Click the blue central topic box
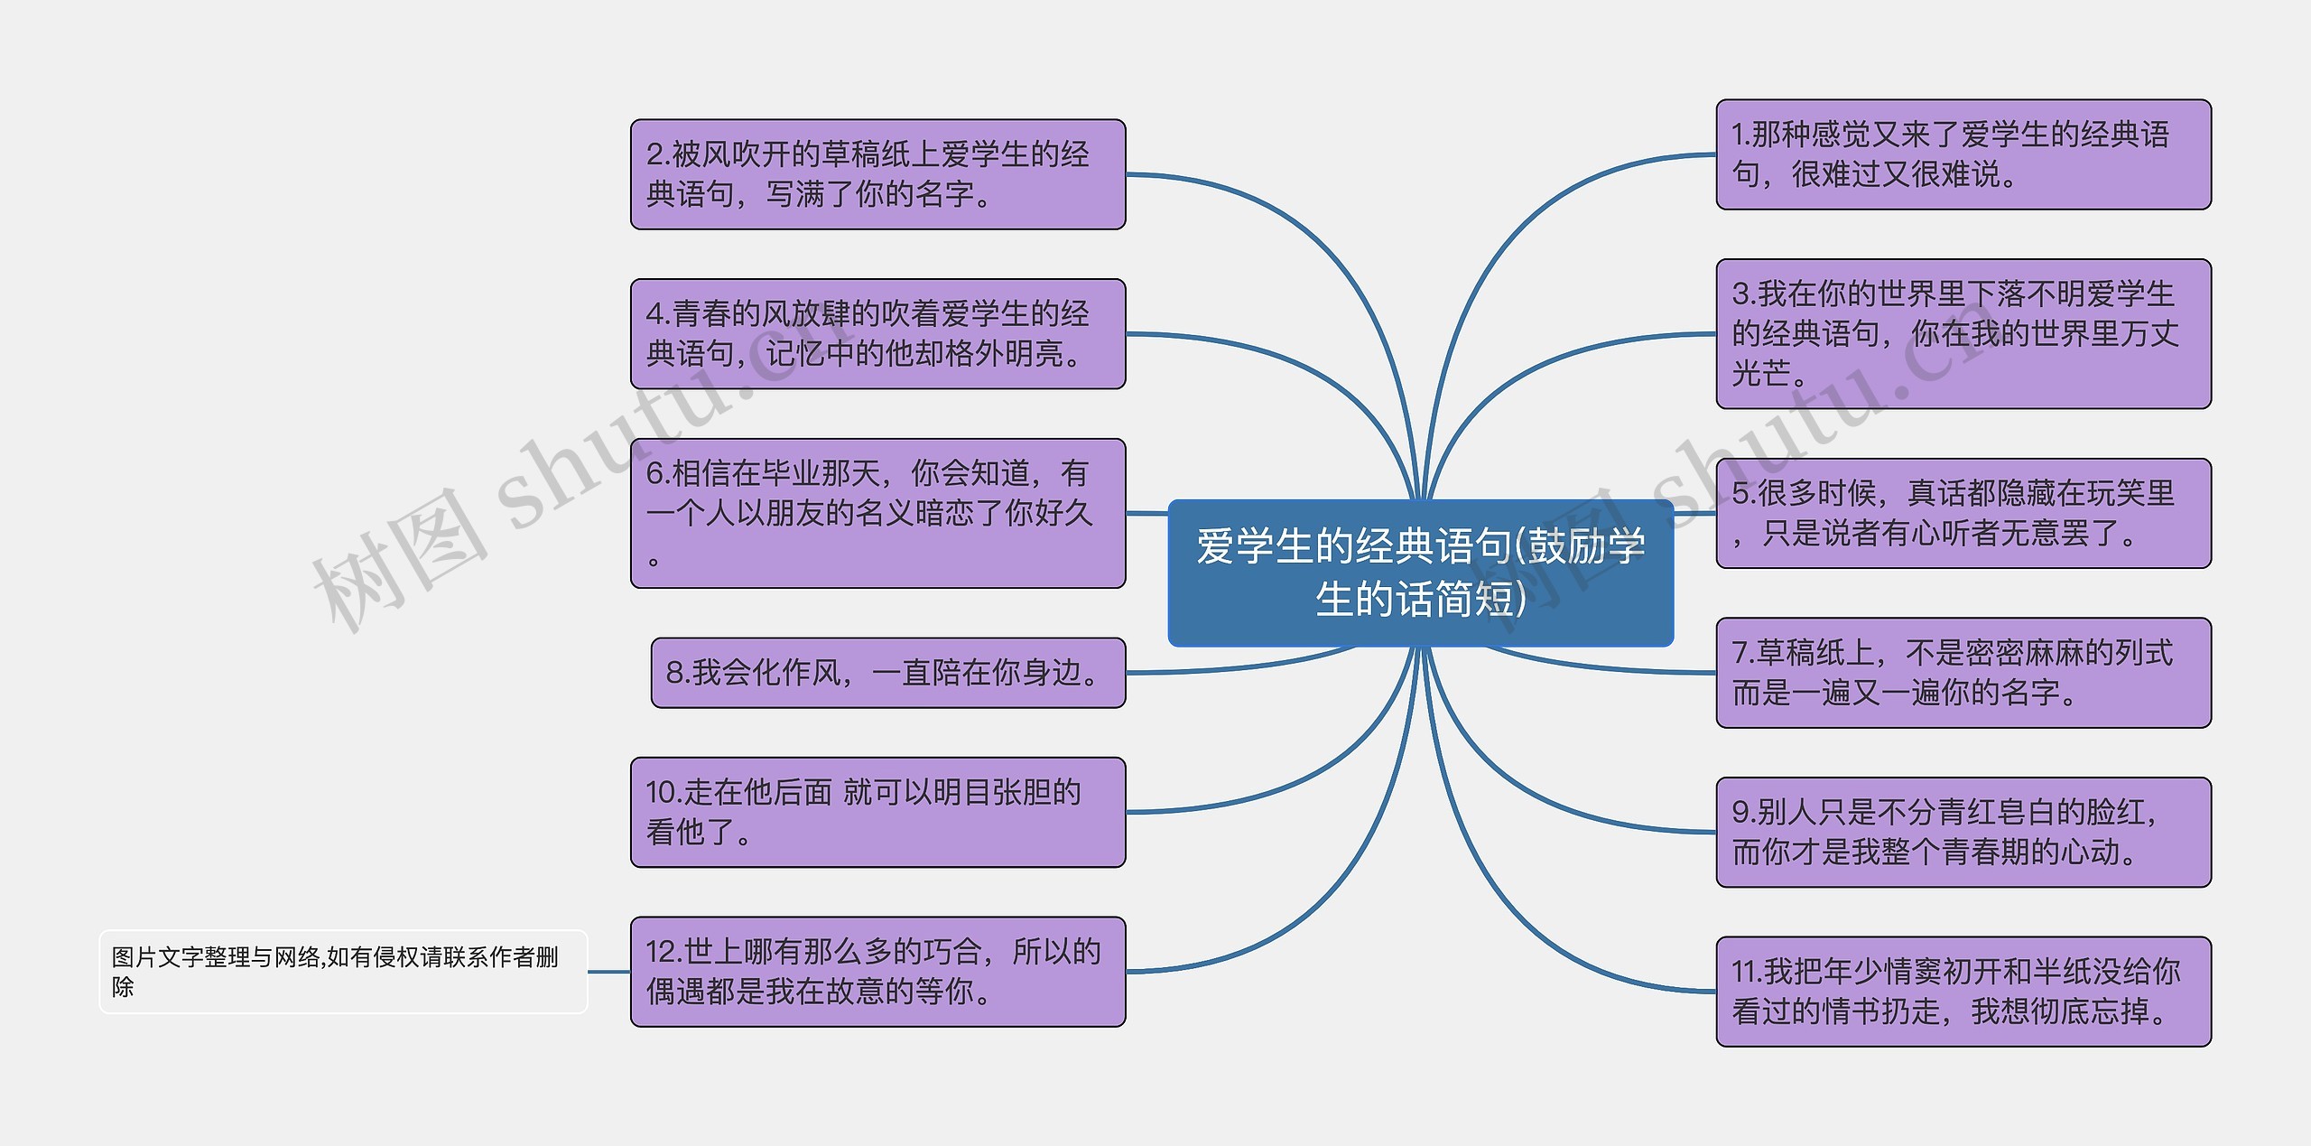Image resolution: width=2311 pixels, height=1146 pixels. [x=1420, y=573]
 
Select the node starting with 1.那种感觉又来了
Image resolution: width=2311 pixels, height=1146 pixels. [x=1963, y=154]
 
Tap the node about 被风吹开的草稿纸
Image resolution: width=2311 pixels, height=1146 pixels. [x=877, y=174]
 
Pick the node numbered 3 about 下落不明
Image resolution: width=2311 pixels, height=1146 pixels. [x=1963, y=333]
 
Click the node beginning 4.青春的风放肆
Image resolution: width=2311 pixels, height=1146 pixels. [x=877, y=333]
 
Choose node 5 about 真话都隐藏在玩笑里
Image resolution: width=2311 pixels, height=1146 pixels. [x=1963, y=513]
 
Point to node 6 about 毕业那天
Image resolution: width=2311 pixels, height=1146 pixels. [x=877, y=513]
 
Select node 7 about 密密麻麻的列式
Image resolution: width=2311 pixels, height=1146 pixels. [x=1963, y=672]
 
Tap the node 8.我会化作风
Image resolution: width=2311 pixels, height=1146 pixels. [x=887, y=672]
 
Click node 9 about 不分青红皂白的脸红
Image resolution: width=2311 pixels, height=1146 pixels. [x=1963, y=832]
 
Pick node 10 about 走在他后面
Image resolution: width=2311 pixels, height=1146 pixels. [x=877, y=812]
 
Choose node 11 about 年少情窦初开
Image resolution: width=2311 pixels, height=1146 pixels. [x=1963, y=991]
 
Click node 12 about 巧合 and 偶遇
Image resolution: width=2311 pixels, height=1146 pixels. [x=877, y=971]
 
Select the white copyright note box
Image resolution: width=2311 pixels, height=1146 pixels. [x=342, y=971]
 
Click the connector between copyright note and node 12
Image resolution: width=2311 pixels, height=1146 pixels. [x=608, y=972]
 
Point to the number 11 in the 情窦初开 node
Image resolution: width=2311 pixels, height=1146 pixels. [x=1746, y=972]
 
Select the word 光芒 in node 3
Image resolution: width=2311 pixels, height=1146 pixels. [x=1760, y=372]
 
